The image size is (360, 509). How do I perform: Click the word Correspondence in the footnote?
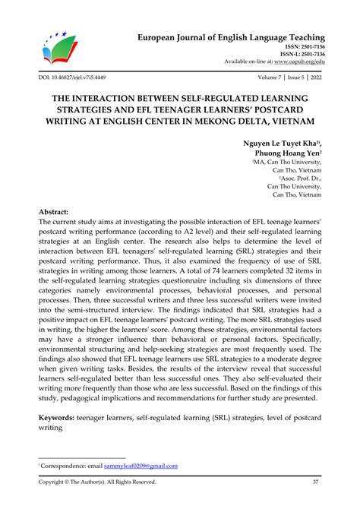tap(60, 465)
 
